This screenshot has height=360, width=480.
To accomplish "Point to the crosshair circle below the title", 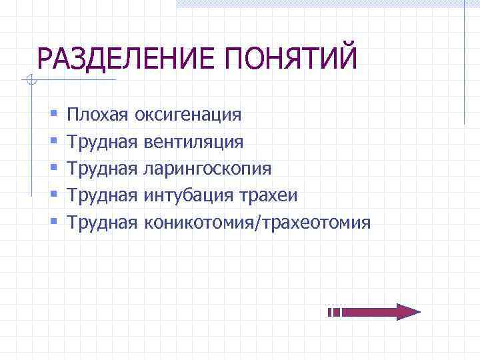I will (x=31, y=81).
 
